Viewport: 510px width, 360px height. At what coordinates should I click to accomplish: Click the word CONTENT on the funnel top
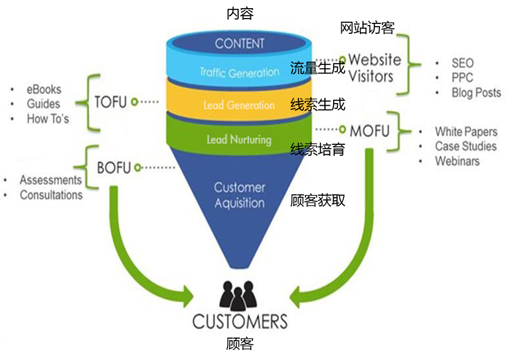[239, 44]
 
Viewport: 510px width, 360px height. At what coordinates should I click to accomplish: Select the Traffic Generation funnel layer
[239, 72]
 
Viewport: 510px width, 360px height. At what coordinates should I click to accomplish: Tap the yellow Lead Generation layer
[239, 105]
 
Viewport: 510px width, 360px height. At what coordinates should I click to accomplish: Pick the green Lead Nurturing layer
[239, 139]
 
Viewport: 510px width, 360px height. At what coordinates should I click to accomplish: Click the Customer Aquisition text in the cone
[239, 195]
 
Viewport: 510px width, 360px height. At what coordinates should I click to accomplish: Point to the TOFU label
[110, 102]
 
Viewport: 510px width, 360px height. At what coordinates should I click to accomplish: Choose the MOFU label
[370, 131]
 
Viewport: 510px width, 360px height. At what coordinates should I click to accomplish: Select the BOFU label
[114, 168]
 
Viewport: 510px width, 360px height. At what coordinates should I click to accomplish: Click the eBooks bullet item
[44, 89]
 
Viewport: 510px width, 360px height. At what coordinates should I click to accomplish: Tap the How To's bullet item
[48, 119]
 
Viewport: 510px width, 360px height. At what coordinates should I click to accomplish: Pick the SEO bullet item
[462, 63]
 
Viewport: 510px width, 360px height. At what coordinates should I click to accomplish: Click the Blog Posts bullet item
[476, 93]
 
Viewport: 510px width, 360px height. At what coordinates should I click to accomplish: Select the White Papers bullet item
[466, 132]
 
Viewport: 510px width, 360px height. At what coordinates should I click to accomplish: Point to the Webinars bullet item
[457, 161]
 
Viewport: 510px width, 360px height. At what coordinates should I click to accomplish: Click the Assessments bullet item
[51, 180]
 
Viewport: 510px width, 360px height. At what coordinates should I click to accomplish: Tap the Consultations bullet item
[51, 195]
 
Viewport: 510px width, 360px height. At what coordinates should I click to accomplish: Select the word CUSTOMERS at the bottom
[239, 321]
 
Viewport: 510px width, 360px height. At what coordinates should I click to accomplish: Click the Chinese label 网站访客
[367, 28]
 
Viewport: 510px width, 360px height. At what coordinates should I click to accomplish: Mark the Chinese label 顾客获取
[317, 200]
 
